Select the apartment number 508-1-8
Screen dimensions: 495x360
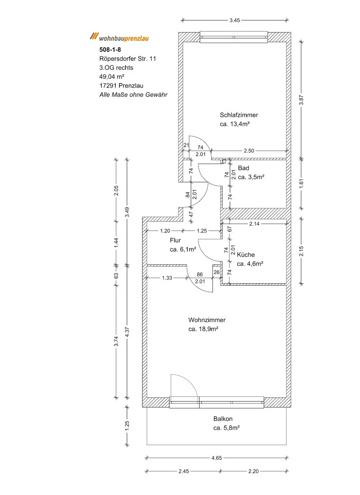[x=110, y=49]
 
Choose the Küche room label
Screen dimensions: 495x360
[x=246, y=255]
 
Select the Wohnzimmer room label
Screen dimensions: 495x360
[x=207, y=320]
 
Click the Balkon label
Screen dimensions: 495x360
[x=223, y=419]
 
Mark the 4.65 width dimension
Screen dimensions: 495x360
[x=218, y=457]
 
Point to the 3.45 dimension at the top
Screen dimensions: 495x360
[x=235, y=20]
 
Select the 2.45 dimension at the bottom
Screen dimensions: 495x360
[x=184, y=471]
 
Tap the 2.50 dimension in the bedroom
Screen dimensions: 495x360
[x=249, y=150]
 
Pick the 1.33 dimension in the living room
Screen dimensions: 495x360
[x=167, y=278]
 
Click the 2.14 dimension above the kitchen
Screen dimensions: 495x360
[x=255, y=224]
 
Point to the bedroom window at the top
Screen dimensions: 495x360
[x=234, y=37]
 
